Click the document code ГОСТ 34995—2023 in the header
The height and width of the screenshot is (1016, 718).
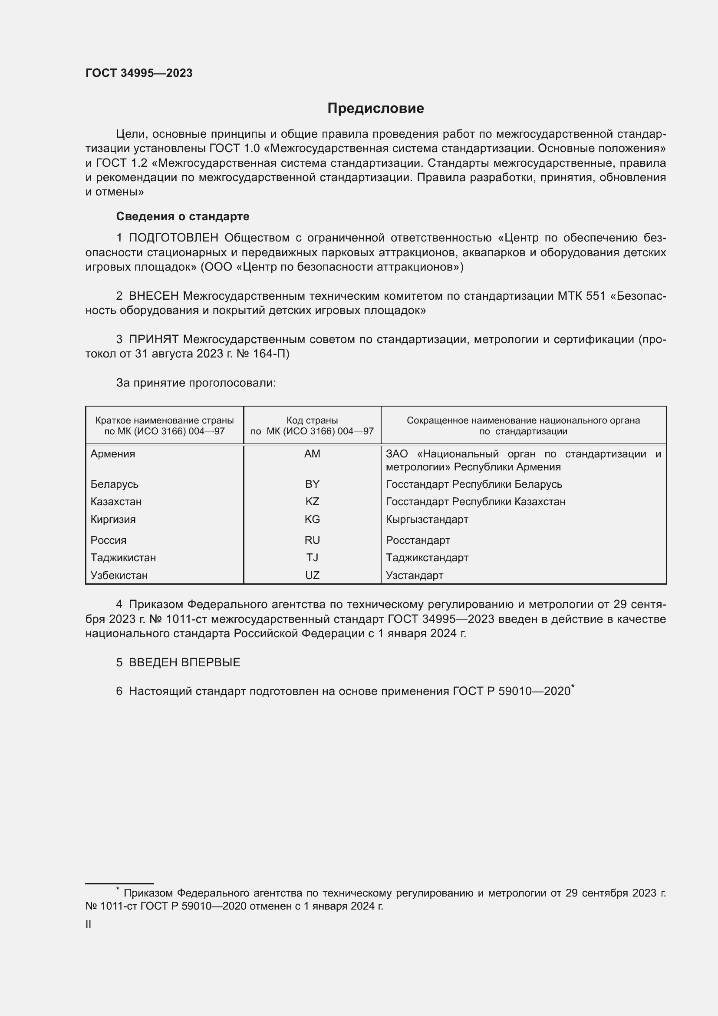[139, 73]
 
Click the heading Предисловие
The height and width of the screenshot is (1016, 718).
[375, 109]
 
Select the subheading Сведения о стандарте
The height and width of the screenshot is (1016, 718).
[183, 216]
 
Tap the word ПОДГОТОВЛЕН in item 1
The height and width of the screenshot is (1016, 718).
[173, 238]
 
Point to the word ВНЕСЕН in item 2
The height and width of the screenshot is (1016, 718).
[153, 296]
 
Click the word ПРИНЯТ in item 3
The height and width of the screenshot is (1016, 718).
[153, 339]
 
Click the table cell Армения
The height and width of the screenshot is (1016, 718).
[113, 454]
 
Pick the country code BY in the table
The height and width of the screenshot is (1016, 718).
[312, 484]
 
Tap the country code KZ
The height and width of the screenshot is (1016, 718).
[312, 502]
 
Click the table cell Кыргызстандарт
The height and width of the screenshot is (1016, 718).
[427, 520]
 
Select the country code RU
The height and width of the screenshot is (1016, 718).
[312, 540]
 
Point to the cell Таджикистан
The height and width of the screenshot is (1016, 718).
[123, 558]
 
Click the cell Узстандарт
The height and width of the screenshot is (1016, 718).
[414, 576]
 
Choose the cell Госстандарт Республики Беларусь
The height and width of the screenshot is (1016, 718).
[474, 484]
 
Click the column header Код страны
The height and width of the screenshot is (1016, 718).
[312, 420]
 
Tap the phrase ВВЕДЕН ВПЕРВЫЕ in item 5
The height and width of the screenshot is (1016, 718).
[184, 662]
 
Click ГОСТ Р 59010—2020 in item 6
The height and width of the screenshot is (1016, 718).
[511, 692]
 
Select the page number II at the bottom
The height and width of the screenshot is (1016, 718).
[89, 924]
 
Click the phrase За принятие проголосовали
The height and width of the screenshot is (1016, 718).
[196, 383]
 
